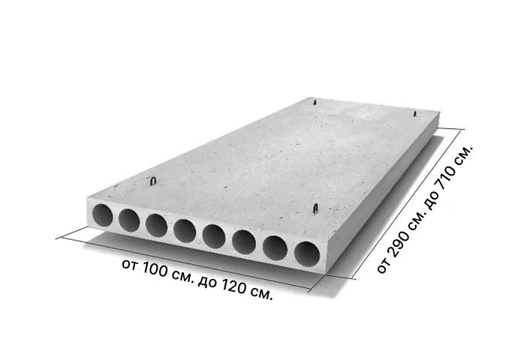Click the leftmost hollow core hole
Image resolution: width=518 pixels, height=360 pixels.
pos(102,215)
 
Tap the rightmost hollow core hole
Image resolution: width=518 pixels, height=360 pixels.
pos(307,254)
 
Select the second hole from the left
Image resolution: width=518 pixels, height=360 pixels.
pos(129,220)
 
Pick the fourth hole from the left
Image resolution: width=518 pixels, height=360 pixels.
pos(185,231)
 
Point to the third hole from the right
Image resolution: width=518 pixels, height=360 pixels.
pos(244,241)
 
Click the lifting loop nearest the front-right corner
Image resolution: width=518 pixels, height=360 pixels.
pos(315,208)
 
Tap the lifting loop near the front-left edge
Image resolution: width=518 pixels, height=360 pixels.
pos(153,181)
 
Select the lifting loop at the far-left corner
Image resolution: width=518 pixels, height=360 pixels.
pos(315,102)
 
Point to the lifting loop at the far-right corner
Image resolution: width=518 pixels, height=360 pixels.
pos(415,113)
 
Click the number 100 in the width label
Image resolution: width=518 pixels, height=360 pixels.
pos(155,270)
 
